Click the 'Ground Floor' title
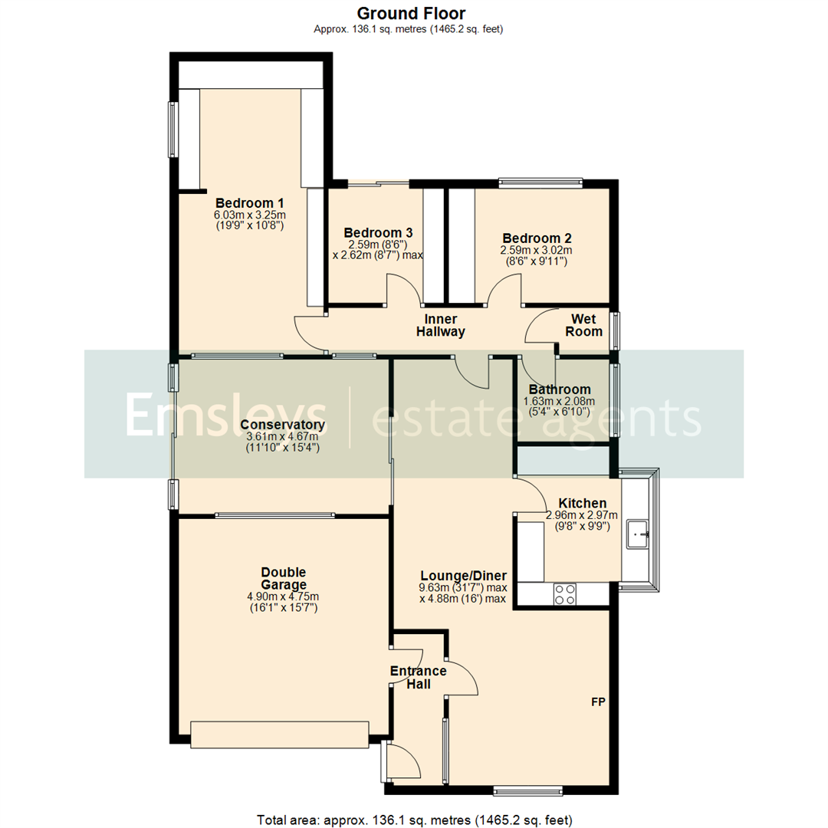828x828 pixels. (411, 13)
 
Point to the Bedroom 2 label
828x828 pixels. (536, 238)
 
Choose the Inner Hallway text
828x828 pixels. (440, 325)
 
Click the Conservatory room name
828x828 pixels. (282, 425)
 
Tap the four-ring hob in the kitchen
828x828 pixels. (565, 594)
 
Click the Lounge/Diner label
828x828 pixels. (462, 575)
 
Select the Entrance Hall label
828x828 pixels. (418, 678)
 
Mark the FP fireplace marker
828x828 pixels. (598, 701)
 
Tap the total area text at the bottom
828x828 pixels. (414, 820)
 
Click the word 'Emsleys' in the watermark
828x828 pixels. (226, 416)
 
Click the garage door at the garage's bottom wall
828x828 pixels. (280, 734)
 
